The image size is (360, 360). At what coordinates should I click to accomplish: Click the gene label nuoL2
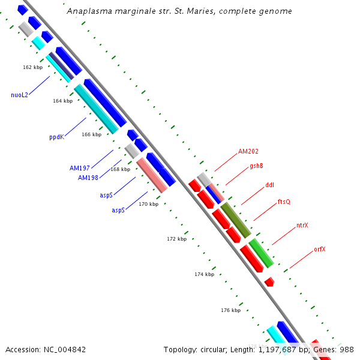click(19, 95)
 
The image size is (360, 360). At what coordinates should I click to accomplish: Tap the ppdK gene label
click(56, 137)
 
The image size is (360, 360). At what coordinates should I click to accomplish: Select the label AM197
click(80, 168)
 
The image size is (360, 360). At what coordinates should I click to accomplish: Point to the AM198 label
click(88, 178)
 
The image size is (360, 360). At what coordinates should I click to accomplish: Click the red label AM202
click(248, 152)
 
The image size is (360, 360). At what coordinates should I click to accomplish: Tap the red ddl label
click(269, 185)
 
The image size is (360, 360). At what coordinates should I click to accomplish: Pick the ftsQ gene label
click(284, 202)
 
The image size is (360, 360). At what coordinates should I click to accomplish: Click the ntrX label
click(302, 226)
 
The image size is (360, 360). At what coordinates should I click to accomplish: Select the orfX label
click(320, 249)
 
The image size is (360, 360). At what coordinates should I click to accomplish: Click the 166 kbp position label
click(91, 134)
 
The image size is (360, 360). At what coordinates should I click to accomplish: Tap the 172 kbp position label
click(176, 239)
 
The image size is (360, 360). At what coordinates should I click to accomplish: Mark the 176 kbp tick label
click(230, 310)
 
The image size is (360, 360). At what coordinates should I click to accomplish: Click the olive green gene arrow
click(235, 220)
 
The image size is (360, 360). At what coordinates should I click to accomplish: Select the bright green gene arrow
click(261, 253)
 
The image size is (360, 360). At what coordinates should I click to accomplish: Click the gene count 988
click(347, 349)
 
